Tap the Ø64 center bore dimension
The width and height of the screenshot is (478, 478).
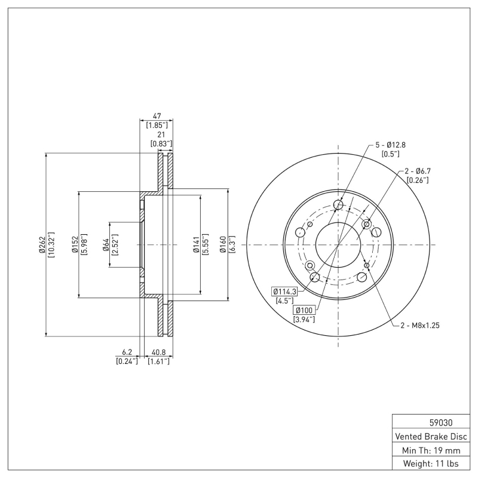coord(106,245)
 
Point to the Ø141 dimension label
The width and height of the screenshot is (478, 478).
coord(196,245)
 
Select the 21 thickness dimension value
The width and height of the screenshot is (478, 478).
coord(161,135)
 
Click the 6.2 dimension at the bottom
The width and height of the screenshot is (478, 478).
coord(126,353)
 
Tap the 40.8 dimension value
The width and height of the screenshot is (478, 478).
coord(159,353)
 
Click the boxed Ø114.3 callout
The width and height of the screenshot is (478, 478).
coord(285,291)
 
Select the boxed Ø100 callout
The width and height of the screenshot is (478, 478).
coord(304,310)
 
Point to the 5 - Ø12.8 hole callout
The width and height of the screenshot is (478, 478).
coord(390,145)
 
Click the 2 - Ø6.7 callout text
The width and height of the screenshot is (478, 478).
coord(417,171)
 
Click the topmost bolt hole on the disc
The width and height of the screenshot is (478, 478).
coord(339,206)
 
